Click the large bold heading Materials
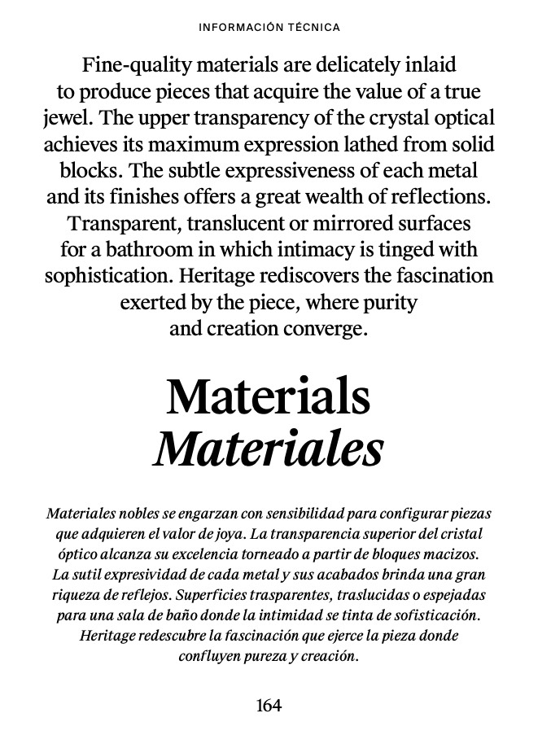(x=268, y=396)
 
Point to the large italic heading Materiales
(x=268, y=448)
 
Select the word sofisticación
(x=439, y=615)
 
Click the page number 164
(x=269, y=706)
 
